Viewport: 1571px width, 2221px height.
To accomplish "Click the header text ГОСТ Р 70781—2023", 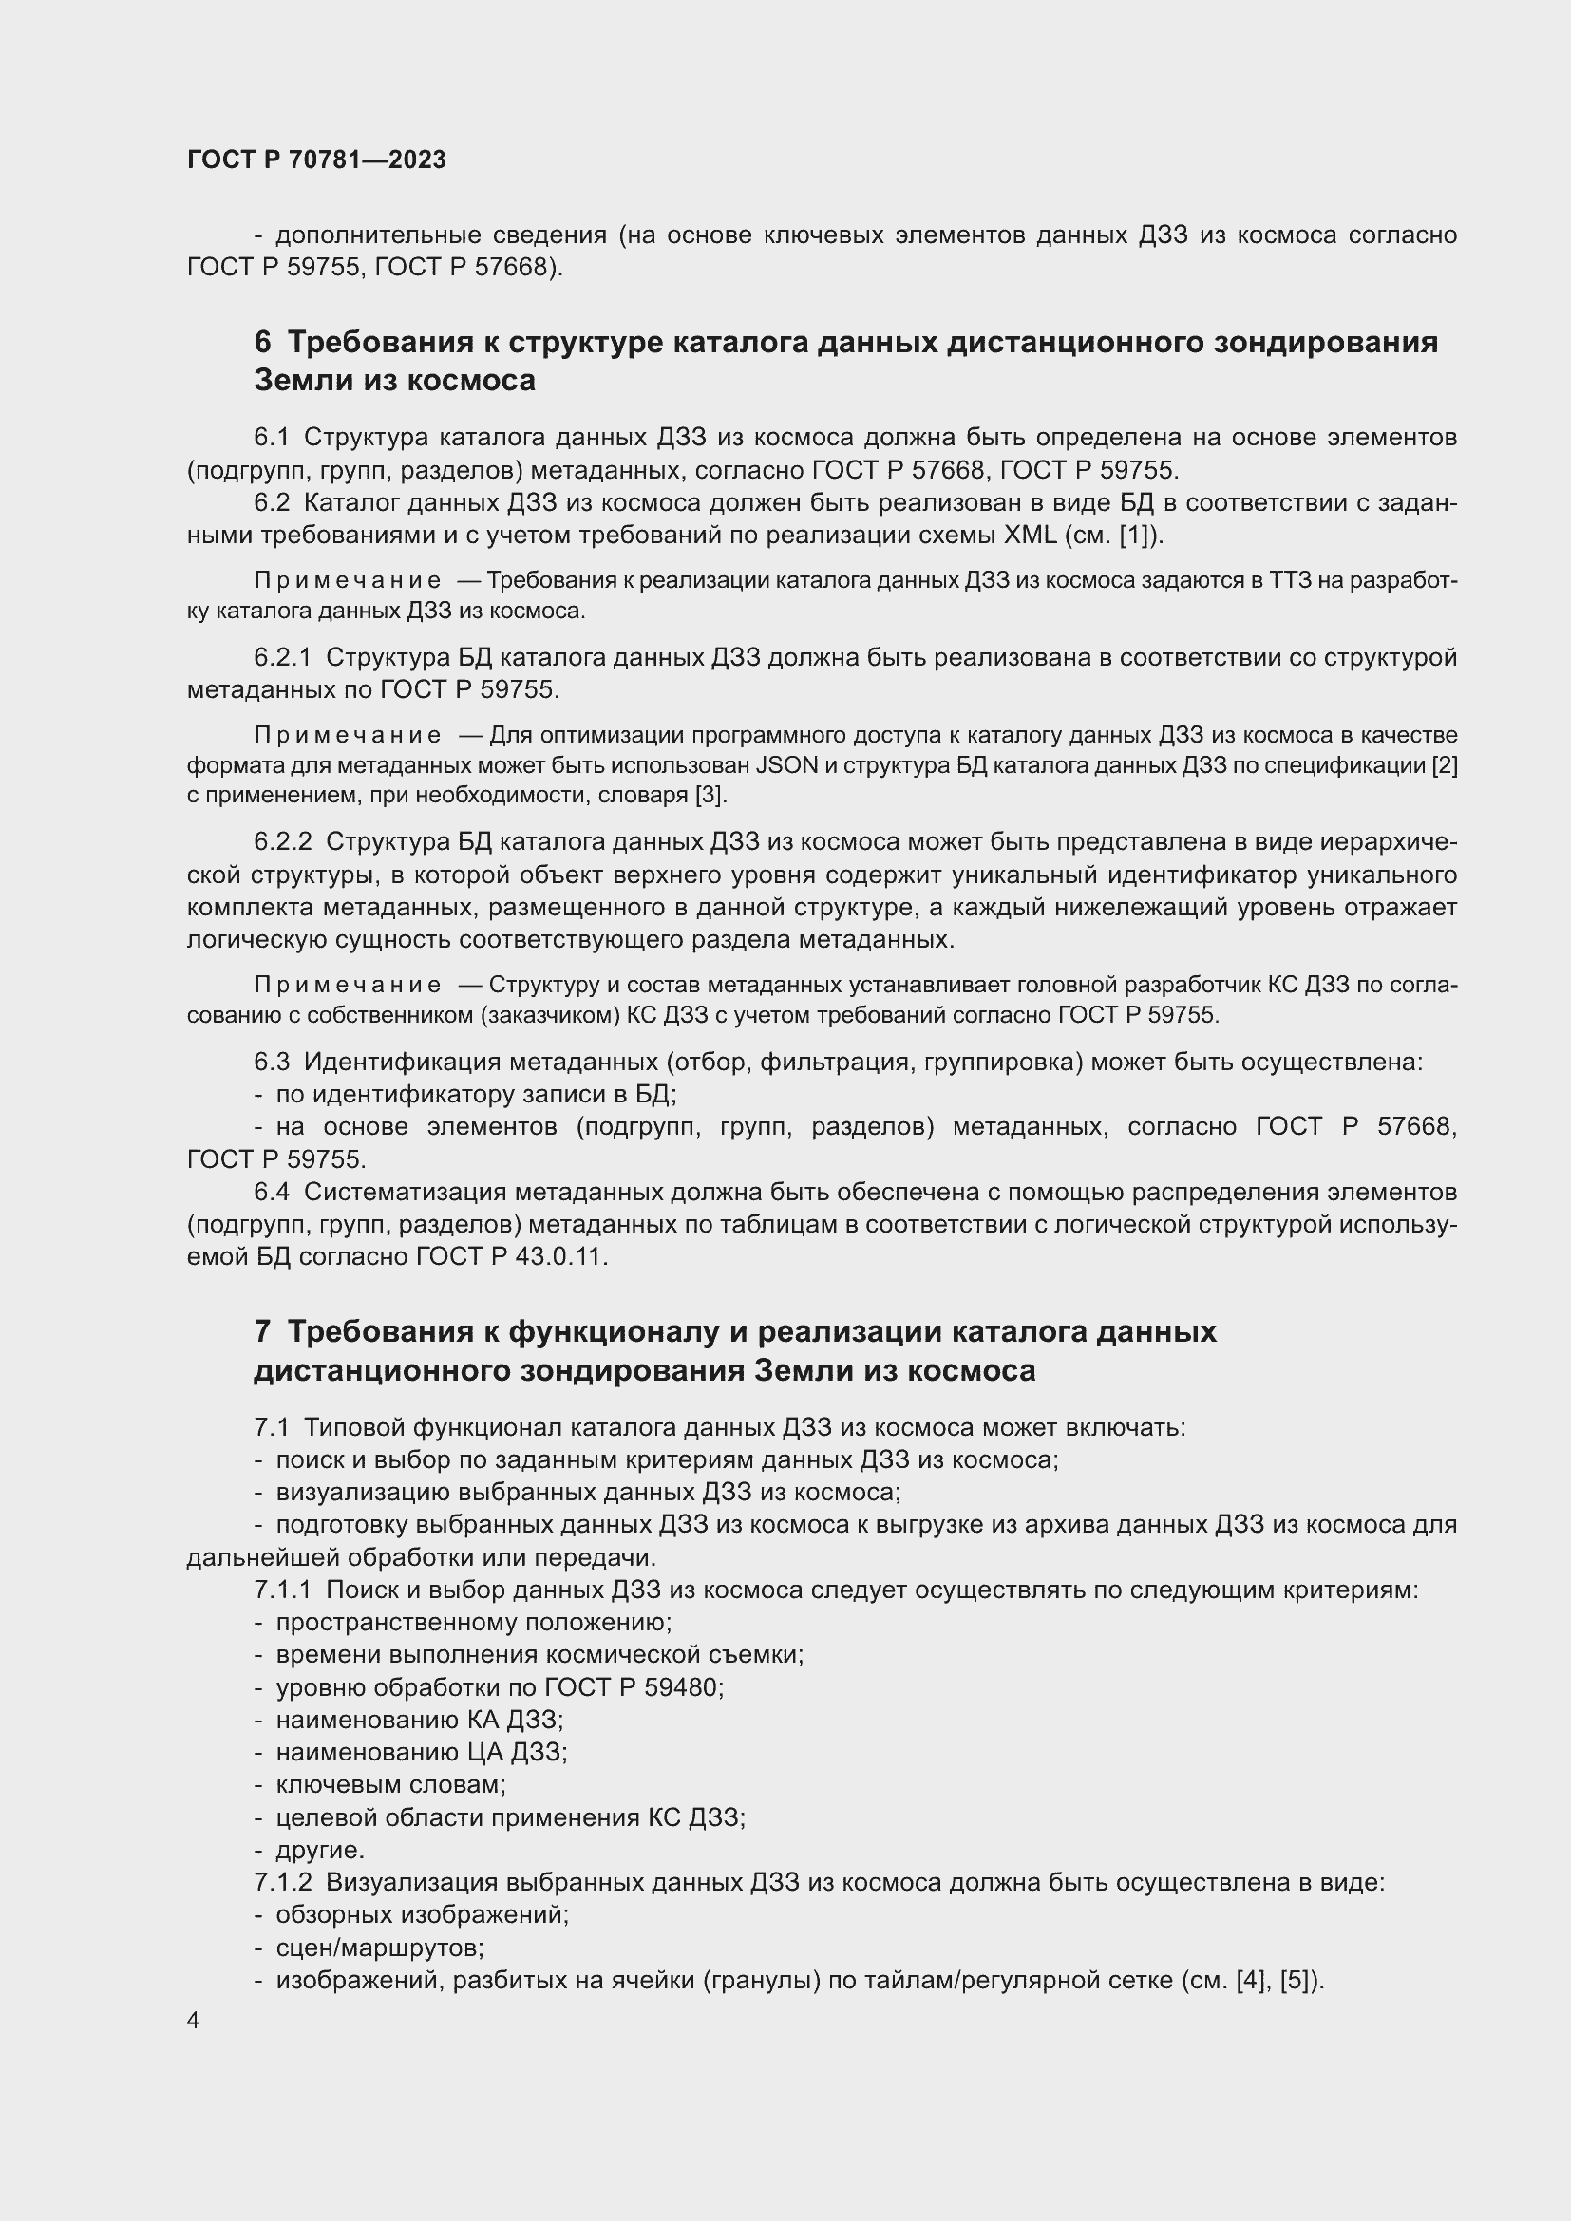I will pos(316,160).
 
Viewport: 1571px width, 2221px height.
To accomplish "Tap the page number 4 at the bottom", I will pos(194,2021).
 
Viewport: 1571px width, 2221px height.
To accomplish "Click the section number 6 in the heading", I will pos(263,343).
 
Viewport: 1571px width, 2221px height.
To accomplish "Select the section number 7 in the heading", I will pos(262,1332).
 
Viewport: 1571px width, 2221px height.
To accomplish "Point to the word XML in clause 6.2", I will pos(1031,535).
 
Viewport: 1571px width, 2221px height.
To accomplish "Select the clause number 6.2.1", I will pos(282,658).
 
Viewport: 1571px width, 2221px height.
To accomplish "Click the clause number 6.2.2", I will pos(282,842).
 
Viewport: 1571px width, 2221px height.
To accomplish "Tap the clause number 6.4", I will pos(272,1193).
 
